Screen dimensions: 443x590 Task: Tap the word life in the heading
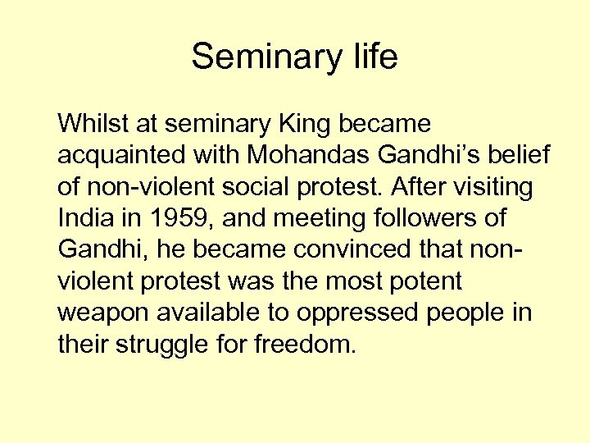coord(371,57)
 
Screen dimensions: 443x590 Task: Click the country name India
coord(83,219)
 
